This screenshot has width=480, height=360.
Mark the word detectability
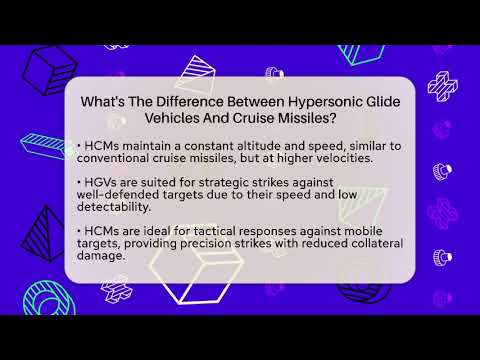click(x=120, y=208)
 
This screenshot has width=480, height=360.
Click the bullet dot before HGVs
click(x=78, y=181)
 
